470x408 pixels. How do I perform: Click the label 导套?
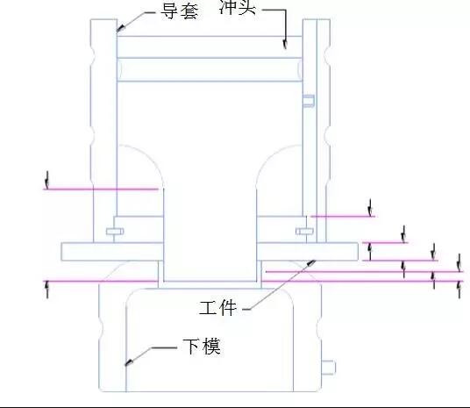[180, 11]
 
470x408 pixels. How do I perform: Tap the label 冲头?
[238, 7]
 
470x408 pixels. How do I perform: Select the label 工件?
[218, 308]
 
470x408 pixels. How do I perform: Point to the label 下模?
[202, 347]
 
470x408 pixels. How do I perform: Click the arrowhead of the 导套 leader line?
[120, 28]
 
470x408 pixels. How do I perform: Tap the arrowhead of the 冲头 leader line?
[285, 44]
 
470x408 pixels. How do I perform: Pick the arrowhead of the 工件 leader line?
[311, 263]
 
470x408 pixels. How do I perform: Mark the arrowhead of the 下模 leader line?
[129, 362]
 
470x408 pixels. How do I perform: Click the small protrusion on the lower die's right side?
[329, 368]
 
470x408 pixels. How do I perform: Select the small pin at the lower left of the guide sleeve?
[115, 232]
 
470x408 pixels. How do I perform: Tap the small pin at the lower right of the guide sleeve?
[304, 232]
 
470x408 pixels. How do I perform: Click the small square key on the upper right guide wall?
[309, 101]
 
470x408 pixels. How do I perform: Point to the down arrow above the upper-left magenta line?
[46, 179]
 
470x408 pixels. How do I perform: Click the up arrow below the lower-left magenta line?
[46, 290]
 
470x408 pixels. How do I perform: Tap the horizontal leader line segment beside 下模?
[164, 347]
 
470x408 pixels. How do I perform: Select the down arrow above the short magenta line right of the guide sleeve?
[371, 207]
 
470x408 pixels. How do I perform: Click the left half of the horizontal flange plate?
[112, 252]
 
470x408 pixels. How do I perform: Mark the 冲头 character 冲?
[228, 7]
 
